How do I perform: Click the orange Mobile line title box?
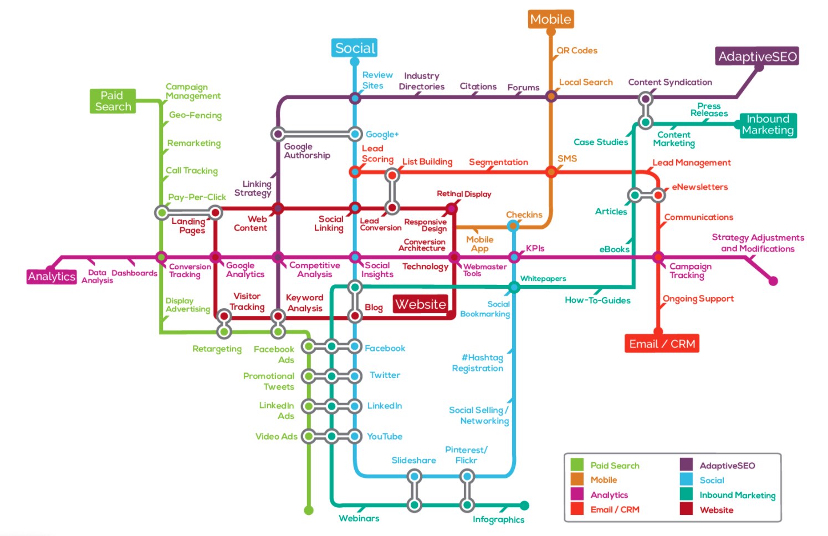point(550,19)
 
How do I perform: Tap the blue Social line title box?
point(355,48)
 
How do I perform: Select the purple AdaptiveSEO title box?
point(757,57)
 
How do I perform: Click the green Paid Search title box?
point(113,101)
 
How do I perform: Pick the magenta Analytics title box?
point(52,277)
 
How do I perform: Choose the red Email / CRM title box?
point(662,344)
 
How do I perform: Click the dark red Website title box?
point(421,304)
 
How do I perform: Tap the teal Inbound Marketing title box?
point(768,125)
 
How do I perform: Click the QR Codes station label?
point(576,50)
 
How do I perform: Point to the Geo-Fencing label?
point(195,115)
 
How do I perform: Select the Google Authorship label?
point(307,151)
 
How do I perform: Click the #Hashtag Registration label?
point(478,363)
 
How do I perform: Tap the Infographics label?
point(498,519)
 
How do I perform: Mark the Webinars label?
point(359,518)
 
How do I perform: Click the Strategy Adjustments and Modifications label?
point(758,243)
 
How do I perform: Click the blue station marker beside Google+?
point(355,134)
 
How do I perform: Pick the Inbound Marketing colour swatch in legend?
point(686,494)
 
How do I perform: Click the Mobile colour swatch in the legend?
point(577,479)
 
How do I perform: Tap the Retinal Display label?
point(464,194)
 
